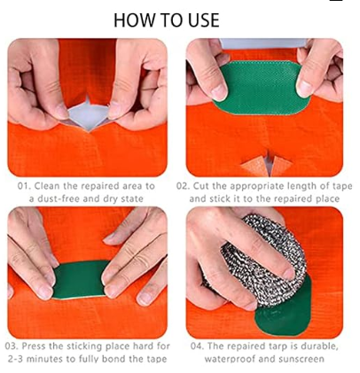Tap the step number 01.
[24, 186]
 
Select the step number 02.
[183, 186]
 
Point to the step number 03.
[12, 346]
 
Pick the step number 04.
[197, 346]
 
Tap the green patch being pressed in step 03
[80, 279]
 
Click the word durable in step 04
[318, 346]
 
